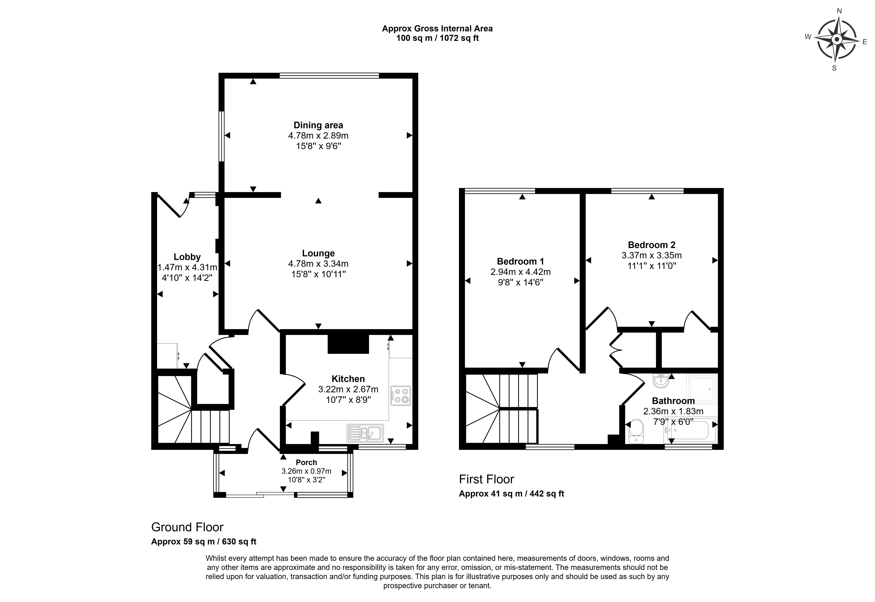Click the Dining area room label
[x=318, y=125]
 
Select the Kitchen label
[x=348, y=379]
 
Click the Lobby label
[x=187, y=257]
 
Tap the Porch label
[x=306, y=462]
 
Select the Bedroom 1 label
[x=520, y=261]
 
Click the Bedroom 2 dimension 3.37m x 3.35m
[x=652, y=255]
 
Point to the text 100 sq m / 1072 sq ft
[x=437, y=38]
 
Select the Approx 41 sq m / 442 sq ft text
[x=511, y=494]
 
